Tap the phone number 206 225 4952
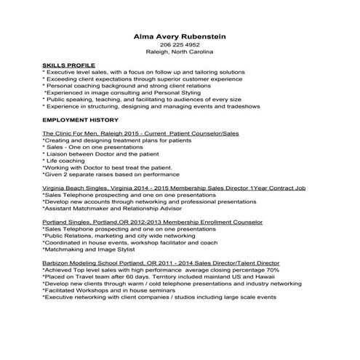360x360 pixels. pyautogui.click(x=180, y=45)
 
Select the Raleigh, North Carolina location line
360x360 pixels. pyautogui.click(x=180, y=53)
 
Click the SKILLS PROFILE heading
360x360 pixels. pyautogui.click(x=68, y=66)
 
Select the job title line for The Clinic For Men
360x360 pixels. pyautogui.click(x=140, y=135)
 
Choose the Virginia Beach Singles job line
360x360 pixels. pyautogui.click(x=174, y=188)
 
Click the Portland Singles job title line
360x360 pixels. pyautogui.click(x=153, y=221)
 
